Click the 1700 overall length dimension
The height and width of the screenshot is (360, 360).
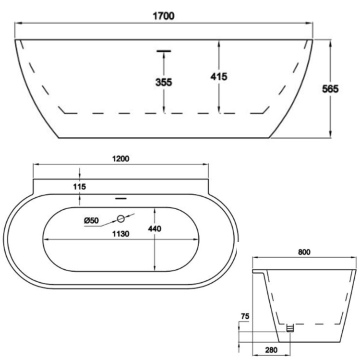(164, 15)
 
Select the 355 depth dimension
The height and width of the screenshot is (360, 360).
(164, 82)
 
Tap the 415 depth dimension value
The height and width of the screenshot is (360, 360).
(219, 76)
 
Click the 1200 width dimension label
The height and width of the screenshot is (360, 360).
(120, 158)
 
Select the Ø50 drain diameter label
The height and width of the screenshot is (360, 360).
(91, 220)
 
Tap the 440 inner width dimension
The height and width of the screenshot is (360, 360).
(155, 229)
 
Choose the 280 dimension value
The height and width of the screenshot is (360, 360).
(271, 349)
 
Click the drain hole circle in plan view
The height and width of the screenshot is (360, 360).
(121, 219)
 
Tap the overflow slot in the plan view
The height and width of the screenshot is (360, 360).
(120, 196)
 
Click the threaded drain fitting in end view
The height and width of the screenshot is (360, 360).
(289, 328)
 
